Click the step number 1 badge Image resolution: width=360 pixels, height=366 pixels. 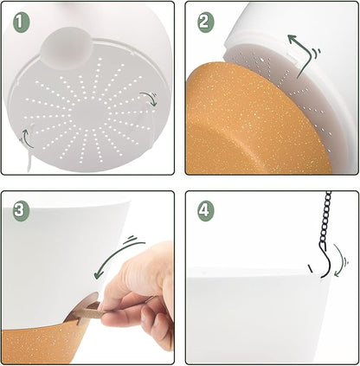tap(22, 22)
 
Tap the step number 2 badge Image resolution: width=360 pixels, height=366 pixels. tap(206, 22)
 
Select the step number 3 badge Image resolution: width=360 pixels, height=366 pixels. tap(22, 211)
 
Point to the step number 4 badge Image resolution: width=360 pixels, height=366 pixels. tap(206, 209)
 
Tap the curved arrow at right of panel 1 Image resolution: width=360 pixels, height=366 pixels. tap(150, 99)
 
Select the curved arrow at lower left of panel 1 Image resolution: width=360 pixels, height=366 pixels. tap(27, 138)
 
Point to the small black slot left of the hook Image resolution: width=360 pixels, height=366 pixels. tap(310, 268)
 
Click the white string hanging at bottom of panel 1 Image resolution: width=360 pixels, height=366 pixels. tap(29, 162)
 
